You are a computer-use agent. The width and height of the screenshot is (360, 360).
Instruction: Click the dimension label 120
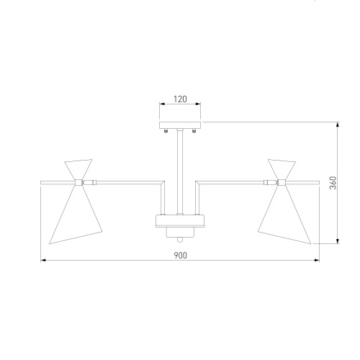tap(180, 99)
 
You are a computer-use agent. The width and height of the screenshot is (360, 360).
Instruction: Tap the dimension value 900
tap(180, 256)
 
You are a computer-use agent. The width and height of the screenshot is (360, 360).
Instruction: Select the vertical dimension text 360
tap(333, 183)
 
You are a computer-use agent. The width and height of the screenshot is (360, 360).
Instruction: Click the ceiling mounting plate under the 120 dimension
tap(180, 125)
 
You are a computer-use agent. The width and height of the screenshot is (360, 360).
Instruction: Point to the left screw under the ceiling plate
tap(166, 131)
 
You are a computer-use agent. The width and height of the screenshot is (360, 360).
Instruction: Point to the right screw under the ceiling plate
tap(194, 131)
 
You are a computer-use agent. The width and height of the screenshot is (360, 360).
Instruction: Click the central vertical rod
tap(180, 171)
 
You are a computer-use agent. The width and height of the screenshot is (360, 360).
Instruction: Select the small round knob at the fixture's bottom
tap(180, 240)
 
